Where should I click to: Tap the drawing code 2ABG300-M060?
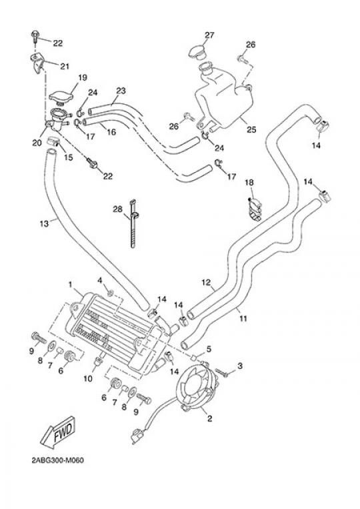coord(58,460)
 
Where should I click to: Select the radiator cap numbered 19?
coord(61,97)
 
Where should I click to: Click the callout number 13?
coord(44,223)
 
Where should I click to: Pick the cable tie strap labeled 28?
coord(133,223)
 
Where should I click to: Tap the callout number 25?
coord(251,129)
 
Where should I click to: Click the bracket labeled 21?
coord(37,63)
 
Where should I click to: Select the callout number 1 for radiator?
coord(70,284)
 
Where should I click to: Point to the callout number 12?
coord(206,282)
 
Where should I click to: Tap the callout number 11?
coord(243,318)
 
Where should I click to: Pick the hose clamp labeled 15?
coord(53,141)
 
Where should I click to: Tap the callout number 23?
coord(121,91)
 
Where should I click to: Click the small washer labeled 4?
coord(111,294)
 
